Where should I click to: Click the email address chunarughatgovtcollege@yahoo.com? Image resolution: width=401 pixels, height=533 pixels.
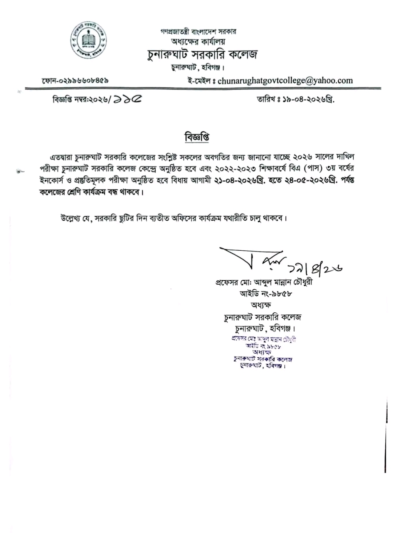(x=285, y=81)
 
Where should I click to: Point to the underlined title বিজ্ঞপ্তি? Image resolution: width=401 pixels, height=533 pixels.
(x=197, y=137)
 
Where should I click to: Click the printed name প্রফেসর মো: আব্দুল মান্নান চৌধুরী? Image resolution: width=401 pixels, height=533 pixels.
(x=264, y=283)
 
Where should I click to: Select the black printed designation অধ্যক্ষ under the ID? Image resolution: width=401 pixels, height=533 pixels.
(x=261, y=305)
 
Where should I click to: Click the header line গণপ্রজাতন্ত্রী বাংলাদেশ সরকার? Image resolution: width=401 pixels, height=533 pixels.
(x=198, y=32)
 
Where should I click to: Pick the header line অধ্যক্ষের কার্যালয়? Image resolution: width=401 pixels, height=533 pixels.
(x=198, y=41)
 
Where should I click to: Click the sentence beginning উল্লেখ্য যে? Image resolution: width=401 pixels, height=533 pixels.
(x=173, y=218)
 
